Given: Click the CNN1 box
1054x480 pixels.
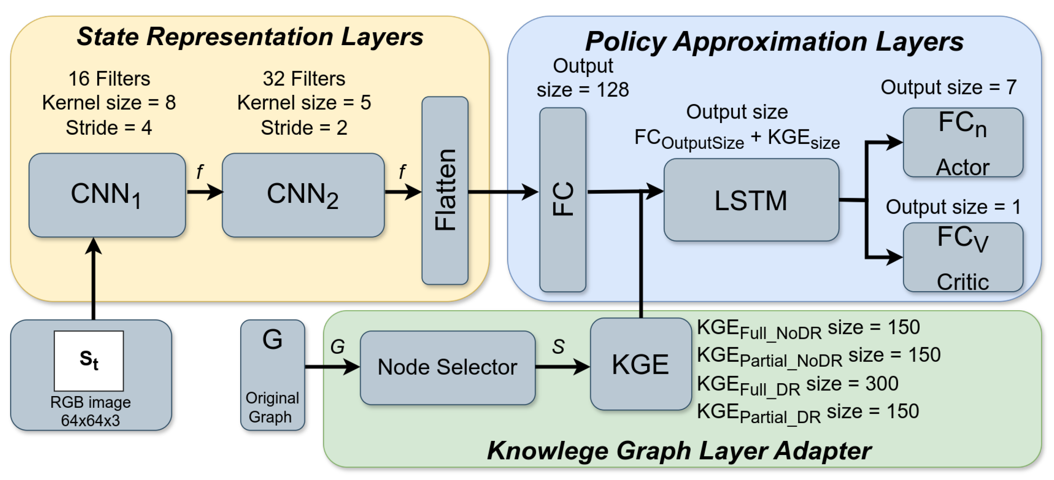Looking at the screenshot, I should tap(107, 195).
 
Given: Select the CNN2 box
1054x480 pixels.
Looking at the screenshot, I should tap(303, 195).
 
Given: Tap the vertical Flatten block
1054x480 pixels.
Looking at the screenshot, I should tap(445, 190).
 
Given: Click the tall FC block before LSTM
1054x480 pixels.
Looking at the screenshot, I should tap(562, 200).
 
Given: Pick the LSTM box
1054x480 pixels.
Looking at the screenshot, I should tap(751, 200).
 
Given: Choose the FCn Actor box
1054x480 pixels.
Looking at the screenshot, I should tap(962, 142).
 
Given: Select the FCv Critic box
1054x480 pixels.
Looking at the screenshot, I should tap(962, 257).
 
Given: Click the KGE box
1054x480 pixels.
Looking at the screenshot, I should tap(640, 364).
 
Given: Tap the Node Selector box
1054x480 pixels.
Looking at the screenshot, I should tap(447, 367).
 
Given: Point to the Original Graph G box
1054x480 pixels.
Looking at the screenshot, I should tap(272, 375).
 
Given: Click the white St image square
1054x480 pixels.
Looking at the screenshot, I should tap(89, 361).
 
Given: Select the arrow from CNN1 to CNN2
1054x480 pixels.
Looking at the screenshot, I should tap(205, 192).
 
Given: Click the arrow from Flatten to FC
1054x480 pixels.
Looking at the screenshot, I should tap(503, 191).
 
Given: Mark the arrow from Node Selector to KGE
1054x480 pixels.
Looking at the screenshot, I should tap(562, 366).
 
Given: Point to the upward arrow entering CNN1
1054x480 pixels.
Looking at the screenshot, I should tap(94, 278).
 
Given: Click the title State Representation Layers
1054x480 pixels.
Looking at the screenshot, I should tap(249, 37).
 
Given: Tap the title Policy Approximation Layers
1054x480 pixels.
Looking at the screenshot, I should tap(774, 41).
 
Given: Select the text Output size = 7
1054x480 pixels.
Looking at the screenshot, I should tap(948, 87).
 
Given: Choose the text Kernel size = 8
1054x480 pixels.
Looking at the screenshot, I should tap(109, 102).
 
